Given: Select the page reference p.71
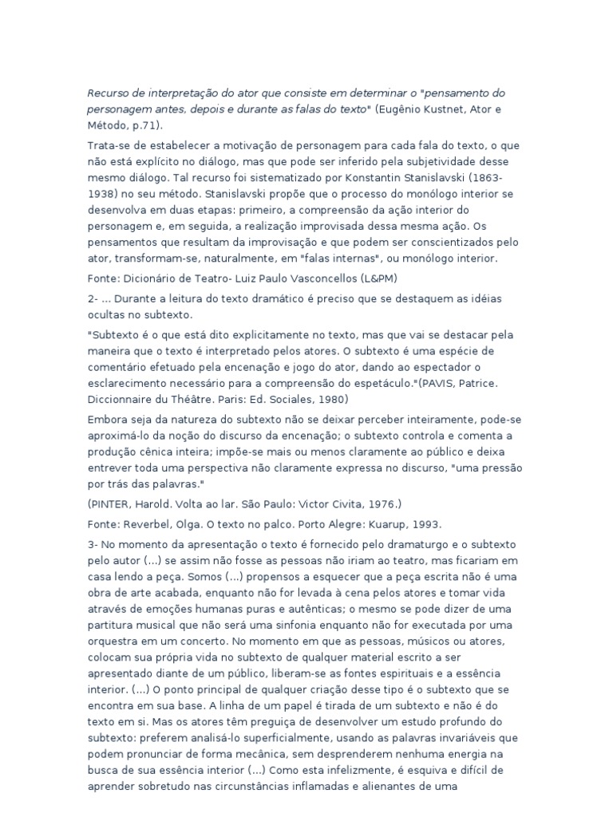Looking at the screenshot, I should pos(145,125).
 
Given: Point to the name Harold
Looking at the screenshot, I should pos(163,504).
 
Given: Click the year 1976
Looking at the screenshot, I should pos(378,504).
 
